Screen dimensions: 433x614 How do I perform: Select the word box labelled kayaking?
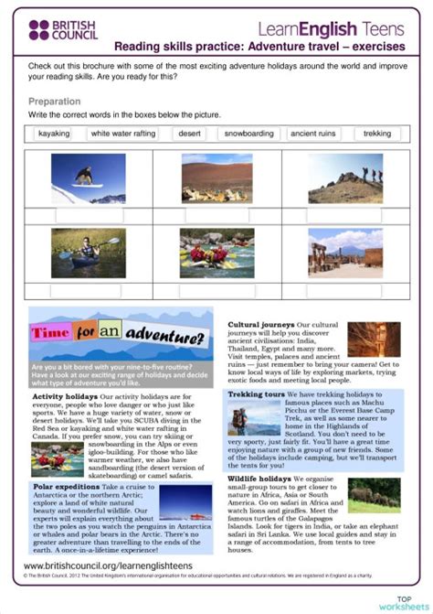click(x=54, y=134)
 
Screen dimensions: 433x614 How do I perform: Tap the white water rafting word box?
click(x=124, y=134)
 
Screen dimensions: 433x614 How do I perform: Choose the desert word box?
click(x=190, y=134)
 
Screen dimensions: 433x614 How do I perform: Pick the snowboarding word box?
click(x=248, y=134)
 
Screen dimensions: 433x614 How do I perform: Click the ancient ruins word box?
click(x=312, y=134)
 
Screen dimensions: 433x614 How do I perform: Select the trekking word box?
click(x=376, y=134)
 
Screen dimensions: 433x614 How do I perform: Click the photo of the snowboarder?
click(x=89, y=178)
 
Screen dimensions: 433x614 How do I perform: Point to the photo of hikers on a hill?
click(x=345, y=178)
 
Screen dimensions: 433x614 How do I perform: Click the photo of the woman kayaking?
click(x=89, y=253)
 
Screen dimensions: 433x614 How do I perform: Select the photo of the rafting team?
click(x=216, y=253)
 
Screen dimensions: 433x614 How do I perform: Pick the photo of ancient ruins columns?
click(x=344, y=253)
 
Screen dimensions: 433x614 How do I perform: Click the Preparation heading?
click(x=55, y=101)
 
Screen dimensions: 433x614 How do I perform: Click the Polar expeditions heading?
click(x=67, y=488)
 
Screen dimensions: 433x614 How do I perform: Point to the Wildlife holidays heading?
click(x=260, y=477)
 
